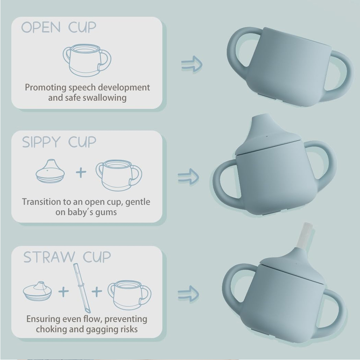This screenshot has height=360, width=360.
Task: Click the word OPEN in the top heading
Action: pyautogui.click(x=41, y=27)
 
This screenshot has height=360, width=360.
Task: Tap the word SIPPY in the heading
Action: pyautogui.click(x=41, y=142)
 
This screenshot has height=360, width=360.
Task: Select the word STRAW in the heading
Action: pyautogui.click(x=49, y=257)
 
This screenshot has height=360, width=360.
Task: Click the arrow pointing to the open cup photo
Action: pyautogui.click(x=192, y=64)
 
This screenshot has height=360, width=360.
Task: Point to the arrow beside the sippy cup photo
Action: pyautogui.click(x=188, y=176)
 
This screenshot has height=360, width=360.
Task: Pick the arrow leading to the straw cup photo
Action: pyautogui.click(x=188, y=294)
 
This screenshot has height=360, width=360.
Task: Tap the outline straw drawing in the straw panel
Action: pyautogui.click(x=82, y=288)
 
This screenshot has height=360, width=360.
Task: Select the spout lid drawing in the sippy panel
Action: pyautogui.click(x=50, y=171)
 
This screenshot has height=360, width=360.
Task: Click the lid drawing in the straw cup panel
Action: pyautogui.click(x=37, y=291)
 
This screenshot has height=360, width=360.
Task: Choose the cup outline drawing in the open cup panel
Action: pyautogui.click(x=87, y=60)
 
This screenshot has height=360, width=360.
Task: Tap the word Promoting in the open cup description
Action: pyautogui.click(x=46, y=87)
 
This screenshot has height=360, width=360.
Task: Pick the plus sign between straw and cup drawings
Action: pyautogui.click(x=97, y=292)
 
